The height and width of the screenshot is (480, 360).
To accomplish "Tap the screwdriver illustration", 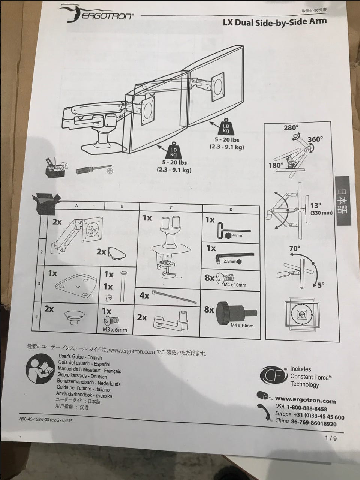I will [93, 170].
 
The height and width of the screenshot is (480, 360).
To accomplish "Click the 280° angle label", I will [291, 128].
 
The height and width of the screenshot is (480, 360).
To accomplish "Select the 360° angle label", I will [315, 139].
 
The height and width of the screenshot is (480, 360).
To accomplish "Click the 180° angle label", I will [276, 165].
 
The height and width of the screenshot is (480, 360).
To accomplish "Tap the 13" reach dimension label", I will [316, 206].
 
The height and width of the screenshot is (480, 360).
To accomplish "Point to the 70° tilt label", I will [295, 248].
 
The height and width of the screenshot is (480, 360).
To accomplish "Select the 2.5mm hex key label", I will [230, 261].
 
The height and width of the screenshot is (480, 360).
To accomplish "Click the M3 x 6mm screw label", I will [114, 330].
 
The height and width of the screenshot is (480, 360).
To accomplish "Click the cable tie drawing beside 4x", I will [174, 297].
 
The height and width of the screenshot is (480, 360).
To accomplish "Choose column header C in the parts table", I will [171, 207].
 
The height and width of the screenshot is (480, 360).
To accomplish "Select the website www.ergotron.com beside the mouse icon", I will [305, 400].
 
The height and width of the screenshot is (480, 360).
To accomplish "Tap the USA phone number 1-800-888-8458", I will [307, 408].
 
